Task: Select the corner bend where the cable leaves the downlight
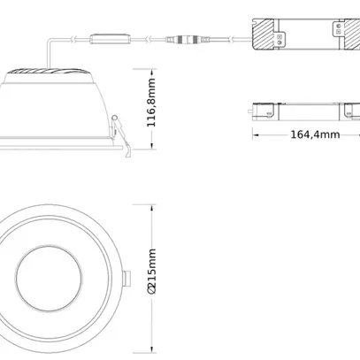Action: pos(51,37)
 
